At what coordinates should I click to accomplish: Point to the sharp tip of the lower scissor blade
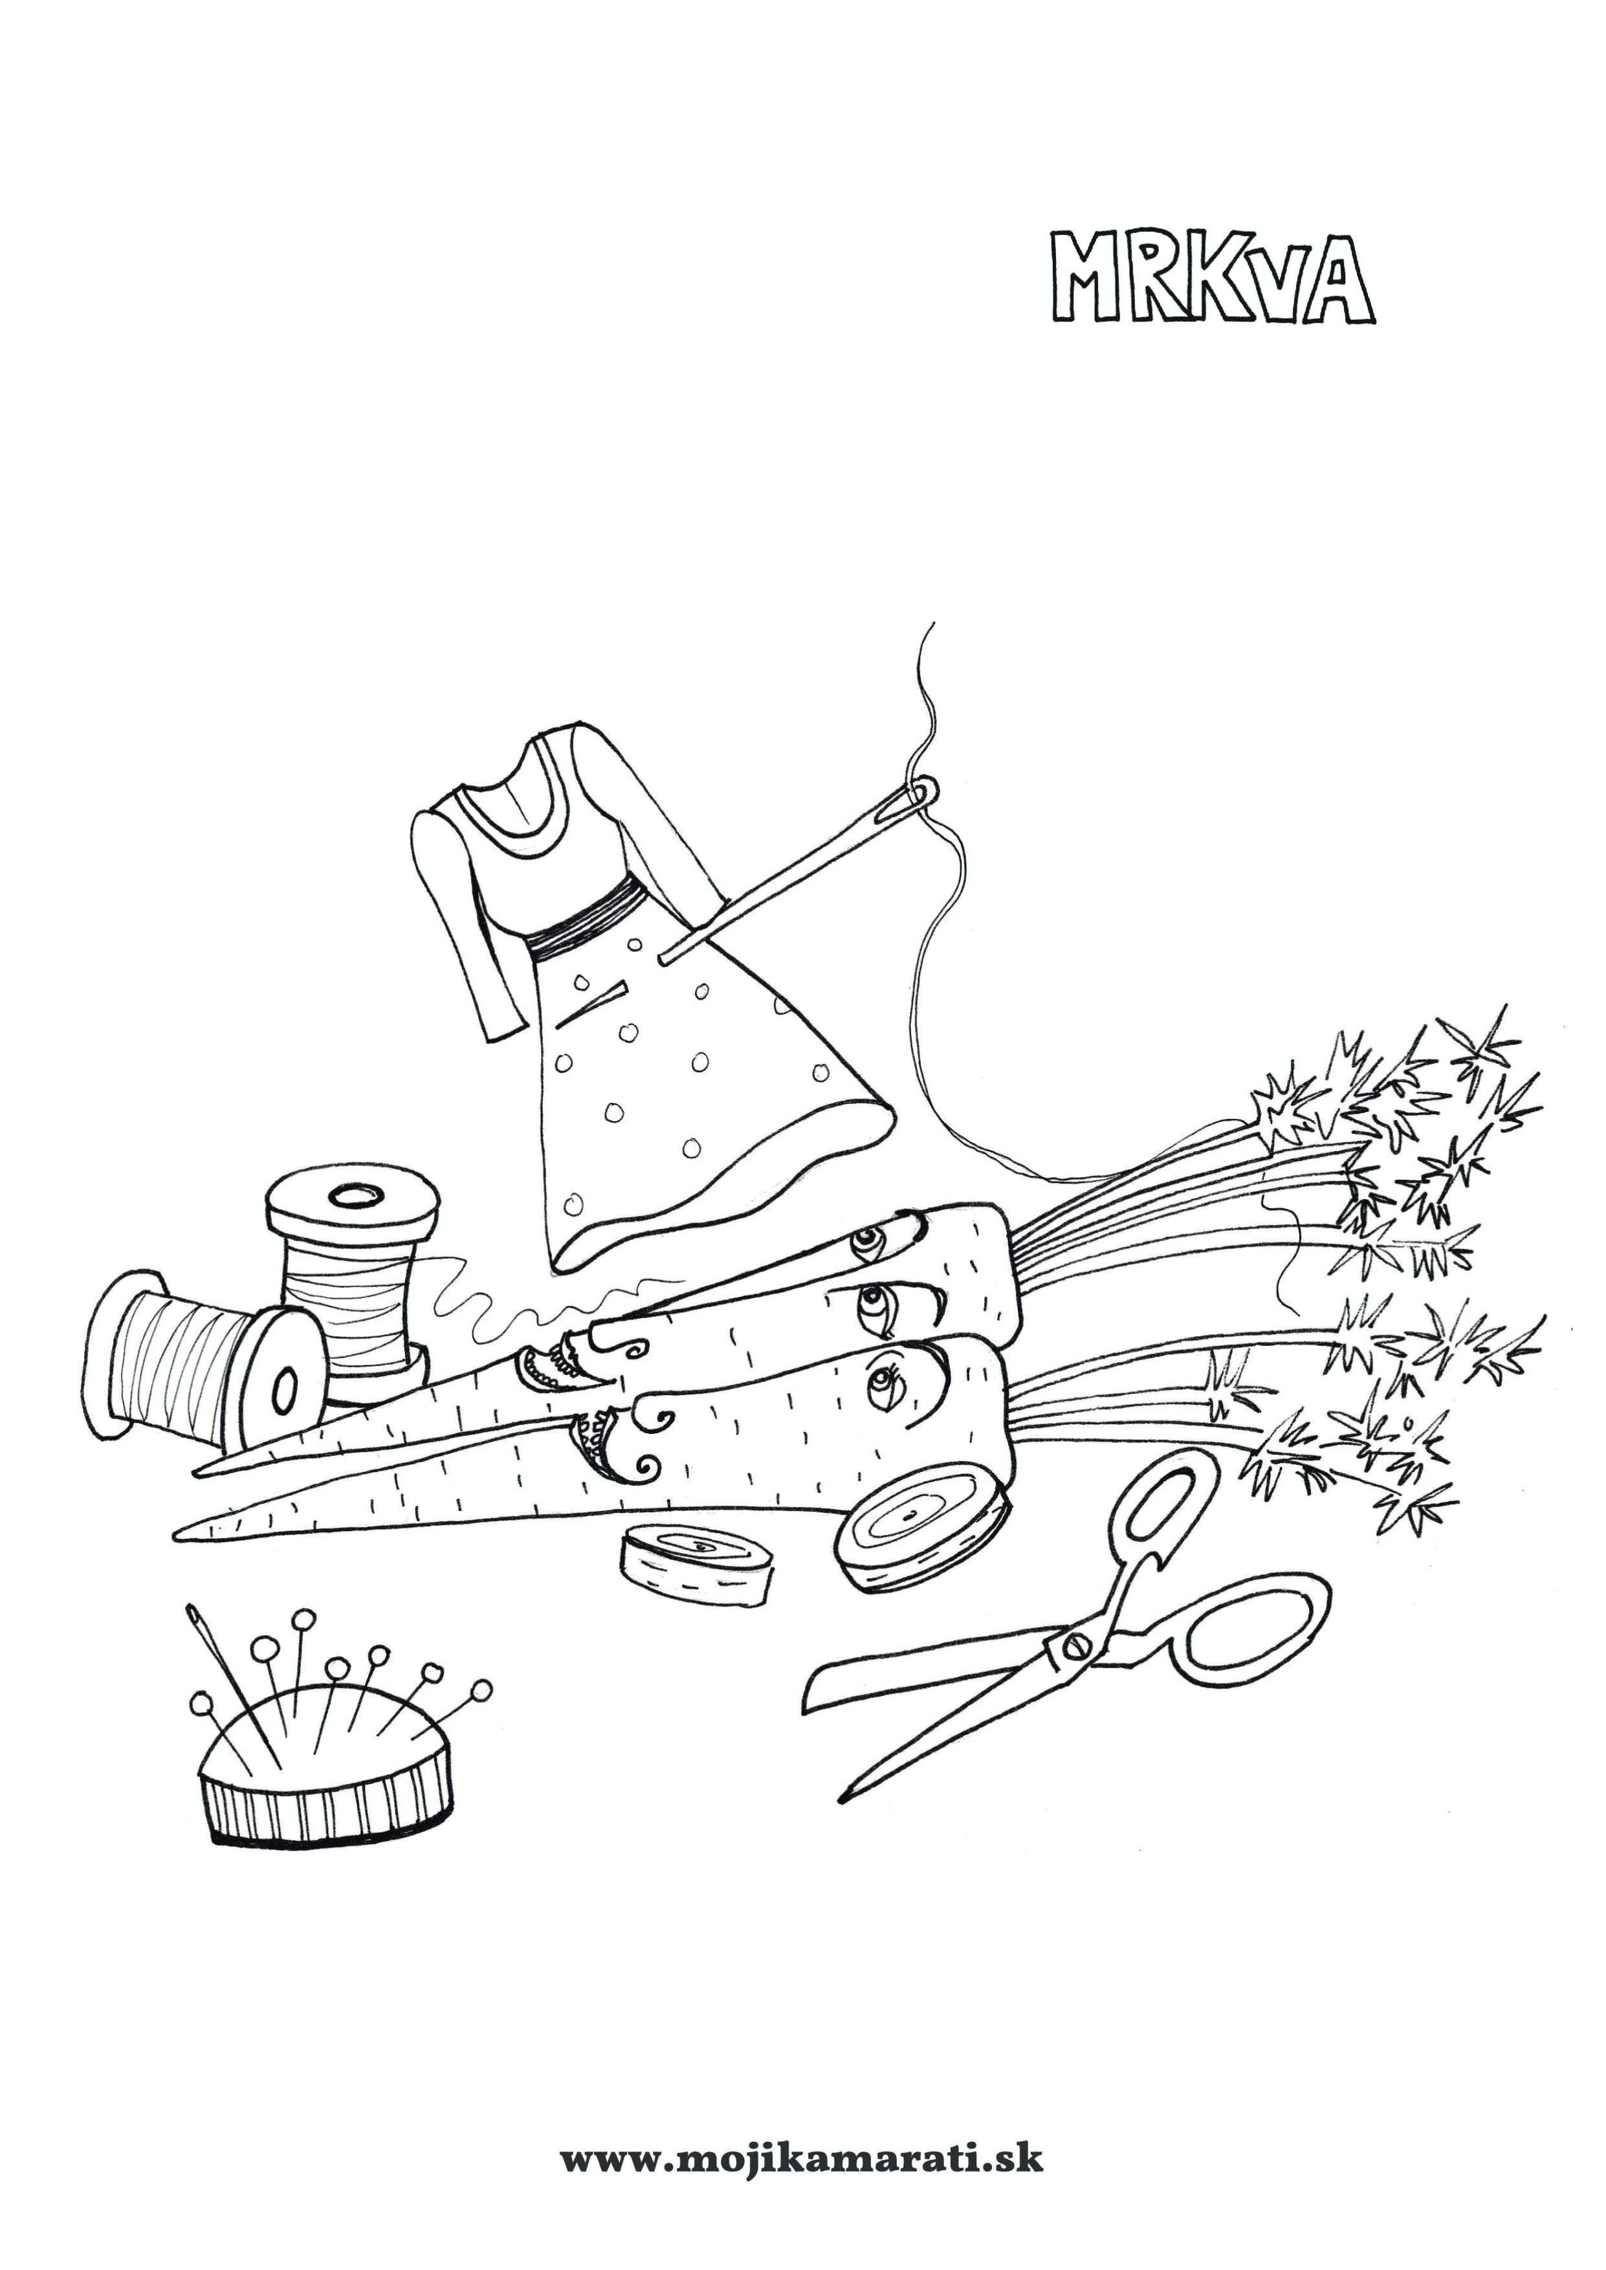842,1817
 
